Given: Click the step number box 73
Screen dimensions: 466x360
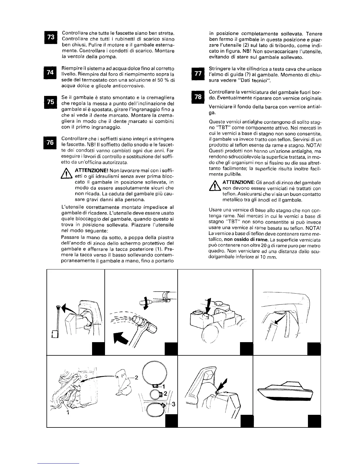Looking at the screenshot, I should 51,38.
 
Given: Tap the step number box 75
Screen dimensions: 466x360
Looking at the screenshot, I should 51,102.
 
